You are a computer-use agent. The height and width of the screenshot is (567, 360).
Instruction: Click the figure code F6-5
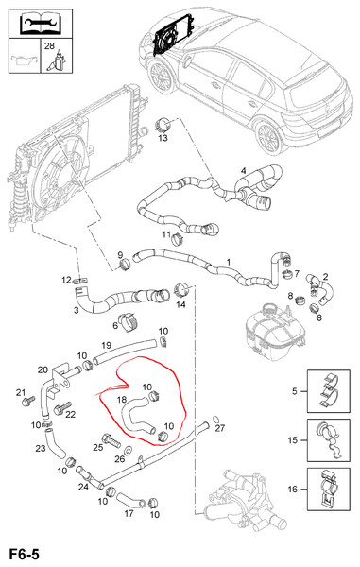pyautogui.click(x=24, y=554)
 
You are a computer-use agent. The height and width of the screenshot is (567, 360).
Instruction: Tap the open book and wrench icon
pyautogui.click(x=41, y=24)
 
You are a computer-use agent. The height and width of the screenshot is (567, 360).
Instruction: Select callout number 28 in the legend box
pyautogui.click(x=49, y=46)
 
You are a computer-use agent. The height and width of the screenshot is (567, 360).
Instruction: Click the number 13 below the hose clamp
pyautogui.click(x=163, y=138)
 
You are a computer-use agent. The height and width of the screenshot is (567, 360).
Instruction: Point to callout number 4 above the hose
pyautogui.click(x=243, y=170)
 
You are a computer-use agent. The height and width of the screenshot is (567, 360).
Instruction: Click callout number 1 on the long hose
pyautogui.click(x=229, y=262)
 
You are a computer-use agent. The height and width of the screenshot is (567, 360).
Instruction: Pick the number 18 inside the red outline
pyautogui.click(x=122, y=399)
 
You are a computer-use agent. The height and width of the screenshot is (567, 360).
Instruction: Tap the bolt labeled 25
pyautogui.click(x=111, y=439)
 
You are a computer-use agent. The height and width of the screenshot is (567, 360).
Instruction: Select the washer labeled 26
pyautogui.click(x=129, y=451)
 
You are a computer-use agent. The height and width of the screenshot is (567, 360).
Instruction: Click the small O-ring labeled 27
pyautogui.click(x=215, y=419)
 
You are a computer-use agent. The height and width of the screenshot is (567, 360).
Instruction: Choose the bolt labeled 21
pyautogui.click(x=28, y=401)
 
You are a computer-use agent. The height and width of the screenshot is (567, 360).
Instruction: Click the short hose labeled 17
pyautogui.click(x=130, y=499)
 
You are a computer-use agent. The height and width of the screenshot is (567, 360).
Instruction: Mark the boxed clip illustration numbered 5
pyautogui.click(x=329, y=391)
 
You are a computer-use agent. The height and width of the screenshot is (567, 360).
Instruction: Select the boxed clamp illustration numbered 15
pyautogui.click(x=329, y=440)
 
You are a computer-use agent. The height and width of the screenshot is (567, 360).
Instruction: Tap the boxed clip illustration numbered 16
pyautogui.click(x=329, y=490)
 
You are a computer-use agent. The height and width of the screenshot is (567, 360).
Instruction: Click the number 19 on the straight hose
pyautogui.click(x=106, y=345)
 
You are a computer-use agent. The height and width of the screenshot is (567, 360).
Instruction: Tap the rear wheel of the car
pyautogui.click(x=268, y=138)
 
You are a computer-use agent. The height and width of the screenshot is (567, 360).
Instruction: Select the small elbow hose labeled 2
pyautogui.click(x=321, y=289)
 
